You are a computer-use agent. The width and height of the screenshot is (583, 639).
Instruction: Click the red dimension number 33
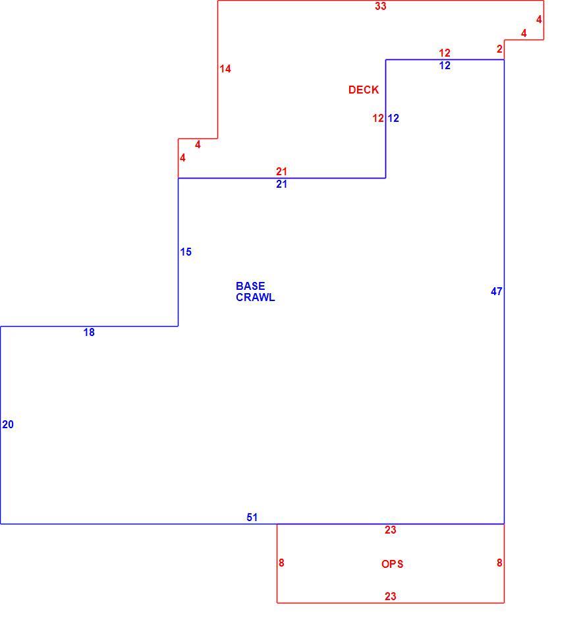[x=381, y=6]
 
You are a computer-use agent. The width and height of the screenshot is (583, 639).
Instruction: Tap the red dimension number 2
[x=499, y=49]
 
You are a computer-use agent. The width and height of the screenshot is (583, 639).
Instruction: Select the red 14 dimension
[x=225, y=69]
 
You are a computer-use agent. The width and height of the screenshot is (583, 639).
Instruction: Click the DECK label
[x=364, y=90]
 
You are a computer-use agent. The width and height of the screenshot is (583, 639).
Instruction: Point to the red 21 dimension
[x=281, y=171]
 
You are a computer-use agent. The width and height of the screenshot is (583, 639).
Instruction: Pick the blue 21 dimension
[x=281, y=184]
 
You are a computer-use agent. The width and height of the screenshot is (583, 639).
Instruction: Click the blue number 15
[x=186, y=252]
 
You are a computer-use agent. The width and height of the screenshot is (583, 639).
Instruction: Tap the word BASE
[x=250, y=286]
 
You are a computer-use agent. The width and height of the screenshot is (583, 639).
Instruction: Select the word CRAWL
[x=256, y=298]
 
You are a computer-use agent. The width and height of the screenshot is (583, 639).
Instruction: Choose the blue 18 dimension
[x=89, y=333]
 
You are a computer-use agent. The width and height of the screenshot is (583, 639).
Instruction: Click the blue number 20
[x=8, y=425]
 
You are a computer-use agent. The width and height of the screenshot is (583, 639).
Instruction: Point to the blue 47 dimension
[x=497, y=291]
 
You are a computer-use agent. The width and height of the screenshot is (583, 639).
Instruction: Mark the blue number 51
[x=252, y=518]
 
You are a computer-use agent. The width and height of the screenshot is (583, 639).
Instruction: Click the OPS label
[x=393, y=564]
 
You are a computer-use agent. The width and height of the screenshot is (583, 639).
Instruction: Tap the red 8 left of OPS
[x=281, y=563]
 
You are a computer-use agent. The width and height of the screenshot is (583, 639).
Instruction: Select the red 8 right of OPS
[x=499, y=563]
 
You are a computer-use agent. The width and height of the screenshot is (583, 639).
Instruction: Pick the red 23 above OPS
[x=390, y=530]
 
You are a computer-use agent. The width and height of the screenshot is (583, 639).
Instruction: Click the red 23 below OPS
[x=390, y=597]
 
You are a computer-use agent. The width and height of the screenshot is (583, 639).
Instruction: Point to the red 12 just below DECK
[x=378, y=118]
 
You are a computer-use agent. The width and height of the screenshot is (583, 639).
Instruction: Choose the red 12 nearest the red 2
[x=445, y=53]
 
